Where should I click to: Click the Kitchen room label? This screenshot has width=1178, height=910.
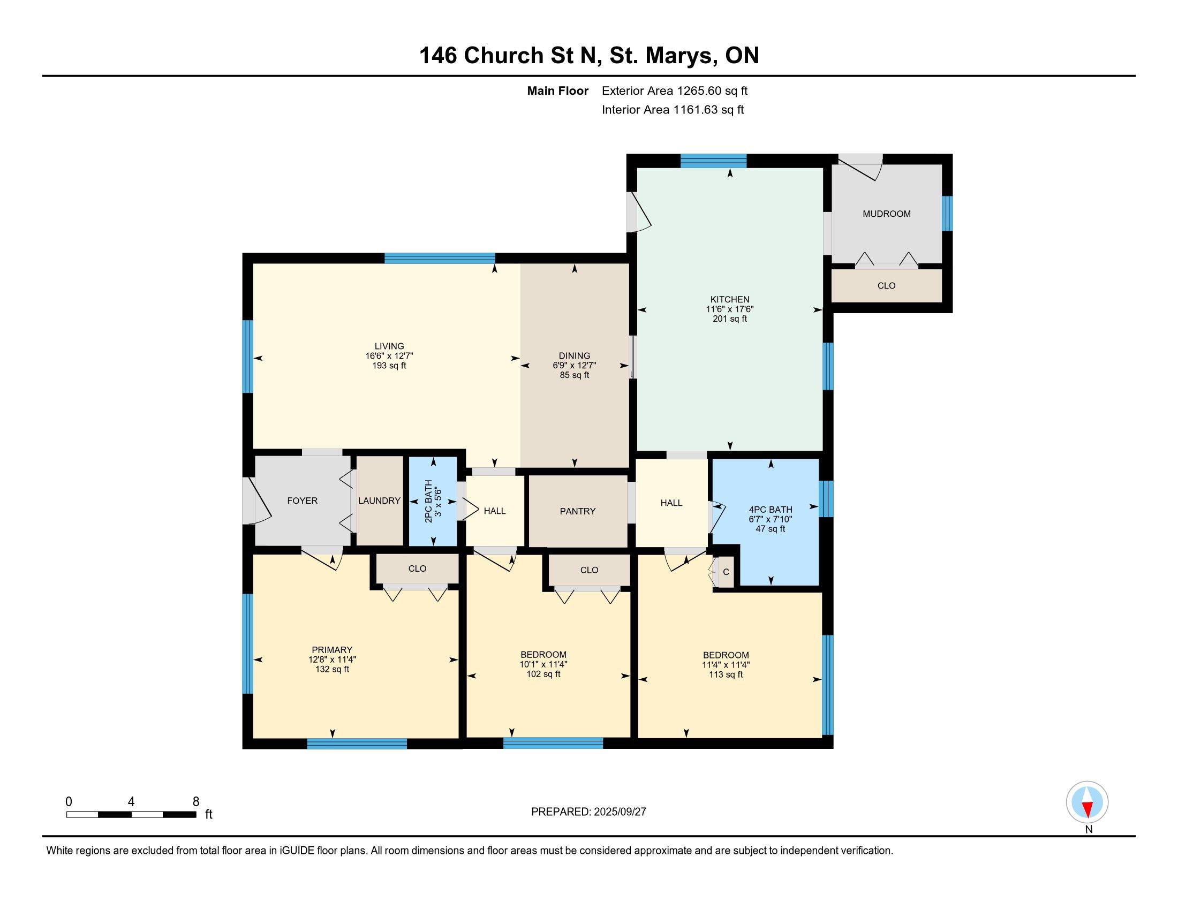(x=730, y=299)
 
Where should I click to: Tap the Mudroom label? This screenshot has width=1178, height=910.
(x=886, y=214)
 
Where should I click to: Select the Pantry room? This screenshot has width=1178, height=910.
(x=578, y=511)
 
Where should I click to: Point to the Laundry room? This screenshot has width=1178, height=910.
(x=379, y=501)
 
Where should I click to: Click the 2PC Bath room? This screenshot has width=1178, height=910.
(x=433, y=502)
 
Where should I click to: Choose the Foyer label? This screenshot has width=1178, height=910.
(x=302, y=501)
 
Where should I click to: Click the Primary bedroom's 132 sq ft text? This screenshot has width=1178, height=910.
(x=333, y=669)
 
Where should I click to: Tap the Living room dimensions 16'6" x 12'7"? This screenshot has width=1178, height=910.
(x=389, y=356)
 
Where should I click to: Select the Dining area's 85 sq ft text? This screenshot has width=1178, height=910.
(x=575, y=375)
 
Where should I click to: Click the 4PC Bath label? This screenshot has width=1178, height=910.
(x=770, y=510)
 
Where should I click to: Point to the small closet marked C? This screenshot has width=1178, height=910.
(x=726, y=572)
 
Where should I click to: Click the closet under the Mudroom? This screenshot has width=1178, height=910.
(x=886, y=286)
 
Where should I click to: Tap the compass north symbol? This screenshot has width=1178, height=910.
(x=1088, y=802)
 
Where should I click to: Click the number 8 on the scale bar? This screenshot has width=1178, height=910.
(x=196, y=802)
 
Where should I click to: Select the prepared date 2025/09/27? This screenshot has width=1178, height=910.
(x=619, y=812)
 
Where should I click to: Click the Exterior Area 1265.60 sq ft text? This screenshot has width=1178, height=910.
(x=675, y=91)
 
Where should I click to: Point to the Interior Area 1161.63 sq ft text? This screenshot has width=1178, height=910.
(x=673, y=110)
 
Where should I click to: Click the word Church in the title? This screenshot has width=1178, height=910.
(x=504, y=56)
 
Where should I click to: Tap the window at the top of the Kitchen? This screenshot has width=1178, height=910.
(x=713, y=161)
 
